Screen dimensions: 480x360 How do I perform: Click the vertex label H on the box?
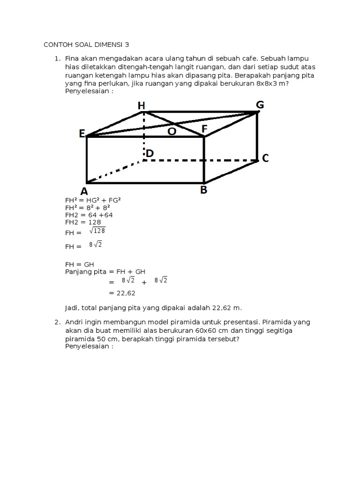pos(141,106)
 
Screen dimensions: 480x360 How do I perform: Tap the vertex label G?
pos(260,104)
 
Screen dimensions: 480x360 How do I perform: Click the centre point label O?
pos(172,132)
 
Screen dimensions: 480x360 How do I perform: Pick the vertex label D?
pos(150,153)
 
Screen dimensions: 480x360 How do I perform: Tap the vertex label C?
pos(265,158)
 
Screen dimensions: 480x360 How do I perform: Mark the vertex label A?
pos(84,191)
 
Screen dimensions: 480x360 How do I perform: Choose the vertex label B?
pos(204,190)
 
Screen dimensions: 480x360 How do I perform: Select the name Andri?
pos(75,322)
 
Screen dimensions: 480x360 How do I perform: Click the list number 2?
pos(56,322)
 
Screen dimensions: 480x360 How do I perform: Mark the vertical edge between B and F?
pos(204,159)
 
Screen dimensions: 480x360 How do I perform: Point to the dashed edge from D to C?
pos(202,160)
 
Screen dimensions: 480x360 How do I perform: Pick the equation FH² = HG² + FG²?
pos(93,200)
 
